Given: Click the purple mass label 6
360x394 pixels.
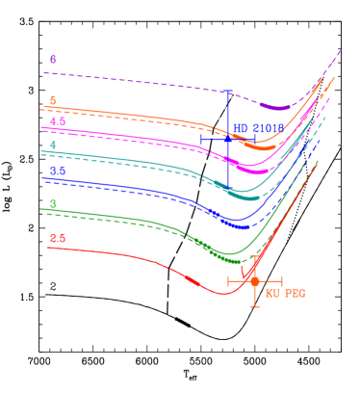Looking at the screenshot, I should pos(53,60).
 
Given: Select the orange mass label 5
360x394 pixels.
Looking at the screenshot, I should pos(53,101).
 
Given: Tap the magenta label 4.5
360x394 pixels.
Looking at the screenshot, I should pos(58,122).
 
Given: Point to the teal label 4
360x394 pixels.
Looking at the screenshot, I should pos(53,145).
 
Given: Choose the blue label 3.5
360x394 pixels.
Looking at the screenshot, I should pos(58,171).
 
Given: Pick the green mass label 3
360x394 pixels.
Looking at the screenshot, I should pos(53,204).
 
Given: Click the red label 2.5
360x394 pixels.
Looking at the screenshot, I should pos(58,238).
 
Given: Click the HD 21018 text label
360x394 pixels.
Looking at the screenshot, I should pos(258,128).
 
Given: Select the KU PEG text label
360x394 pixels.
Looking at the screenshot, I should pos(286,293).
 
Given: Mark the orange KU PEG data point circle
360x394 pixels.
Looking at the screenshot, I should pos(254,281).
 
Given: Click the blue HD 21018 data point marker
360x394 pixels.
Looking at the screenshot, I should pos(228,140).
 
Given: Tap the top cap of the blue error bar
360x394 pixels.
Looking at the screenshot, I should pos(228,92).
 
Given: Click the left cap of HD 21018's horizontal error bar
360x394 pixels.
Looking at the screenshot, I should pos(201,140).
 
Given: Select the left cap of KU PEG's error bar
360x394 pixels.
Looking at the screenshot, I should pos(228,281).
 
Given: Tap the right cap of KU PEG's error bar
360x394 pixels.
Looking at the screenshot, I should pos(281,281).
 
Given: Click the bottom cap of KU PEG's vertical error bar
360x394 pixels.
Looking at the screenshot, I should pos(254,306).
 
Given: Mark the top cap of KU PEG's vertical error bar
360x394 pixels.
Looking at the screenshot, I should pos(254,257).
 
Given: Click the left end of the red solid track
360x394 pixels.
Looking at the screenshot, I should pos(49,248).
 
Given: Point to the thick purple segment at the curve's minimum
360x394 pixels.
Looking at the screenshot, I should pos(276,108).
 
